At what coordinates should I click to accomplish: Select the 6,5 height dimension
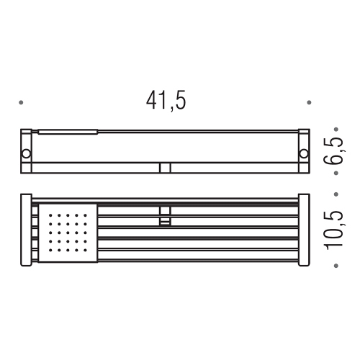click(x=333, y=152)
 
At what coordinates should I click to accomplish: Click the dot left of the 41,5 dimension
click(x=22, y=103)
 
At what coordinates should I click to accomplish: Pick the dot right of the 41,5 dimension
click(x=310, y=103)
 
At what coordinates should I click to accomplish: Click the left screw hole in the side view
click(x=26, y=153)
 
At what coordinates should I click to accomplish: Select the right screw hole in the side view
click(x=303, y=153)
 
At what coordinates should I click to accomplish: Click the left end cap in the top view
click(x=25, y=230)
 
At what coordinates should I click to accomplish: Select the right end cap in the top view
click(x=303, y=230)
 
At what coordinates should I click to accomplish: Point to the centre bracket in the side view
click(x=165, y=168)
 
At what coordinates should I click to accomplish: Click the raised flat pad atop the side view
click(x=67, y=132)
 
